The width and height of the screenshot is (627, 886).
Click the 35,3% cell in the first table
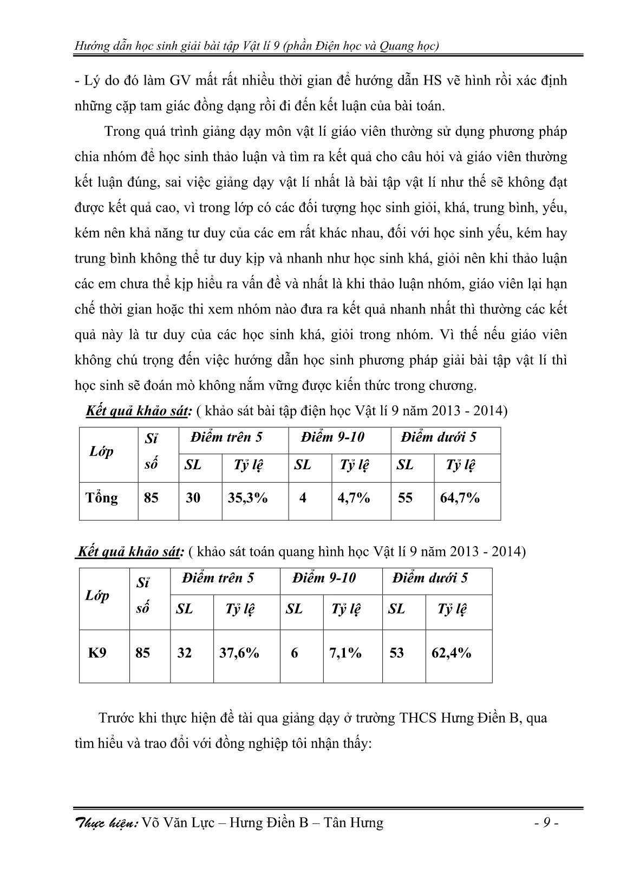247,498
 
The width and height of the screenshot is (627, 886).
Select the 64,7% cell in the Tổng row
460,498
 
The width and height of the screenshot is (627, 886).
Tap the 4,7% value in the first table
354,498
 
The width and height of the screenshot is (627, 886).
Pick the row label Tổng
102,498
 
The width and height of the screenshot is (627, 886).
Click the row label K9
97,653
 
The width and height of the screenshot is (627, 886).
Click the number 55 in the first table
405,498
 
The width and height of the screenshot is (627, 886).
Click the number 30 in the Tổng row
193,498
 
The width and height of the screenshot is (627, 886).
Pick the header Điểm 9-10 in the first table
332,437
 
